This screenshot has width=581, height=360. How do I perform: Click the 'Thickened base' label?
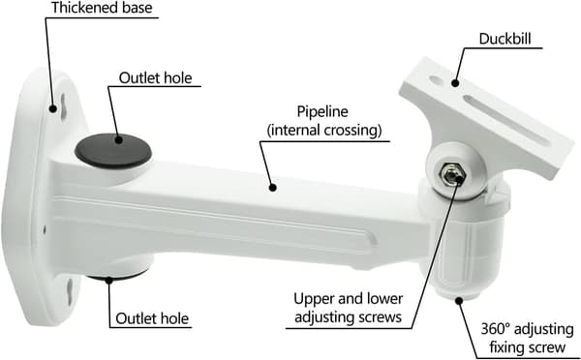point(102,8)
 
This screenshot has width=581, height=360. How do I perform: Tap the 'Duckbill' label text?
point(505,39)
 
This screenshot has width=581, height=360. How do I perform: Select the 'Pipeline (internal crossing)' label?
point(324,121)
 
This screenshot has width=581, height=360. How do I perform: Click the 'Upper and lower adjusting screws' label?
point(348,308)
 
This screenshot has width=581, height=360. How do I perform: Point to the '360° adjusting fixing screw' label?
point(527,338)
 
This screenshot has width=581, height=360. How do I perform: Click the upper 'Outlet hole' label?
point(155,78)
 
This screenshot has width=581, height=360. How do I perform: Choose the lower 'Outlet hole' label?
point(152,318)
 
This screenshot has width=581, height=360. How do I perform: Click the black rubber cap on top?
point(113,151)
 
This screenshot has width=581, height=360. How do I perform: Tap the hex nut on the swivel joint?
point(451,174)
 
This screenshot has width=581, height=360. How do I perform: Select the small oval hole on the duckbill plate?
point(436,79)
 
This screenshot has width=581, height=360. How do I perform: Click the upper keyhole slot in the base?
point(63,106)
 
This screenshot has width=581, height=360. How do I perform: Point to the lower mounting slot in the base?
point(70,292)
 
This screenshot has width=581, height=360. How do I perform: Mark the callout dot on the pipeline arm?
point(273,187)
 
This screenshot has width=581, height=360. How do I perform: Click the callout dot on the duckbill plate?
point(455,83)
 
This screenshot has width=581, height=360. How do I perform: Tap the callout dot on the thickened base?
point(53,108)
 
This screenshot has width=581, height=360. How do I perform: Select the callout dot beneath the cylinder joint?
point(459,300)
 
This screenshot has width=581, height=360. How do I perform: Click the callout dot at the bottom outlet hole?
point(108,280)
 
